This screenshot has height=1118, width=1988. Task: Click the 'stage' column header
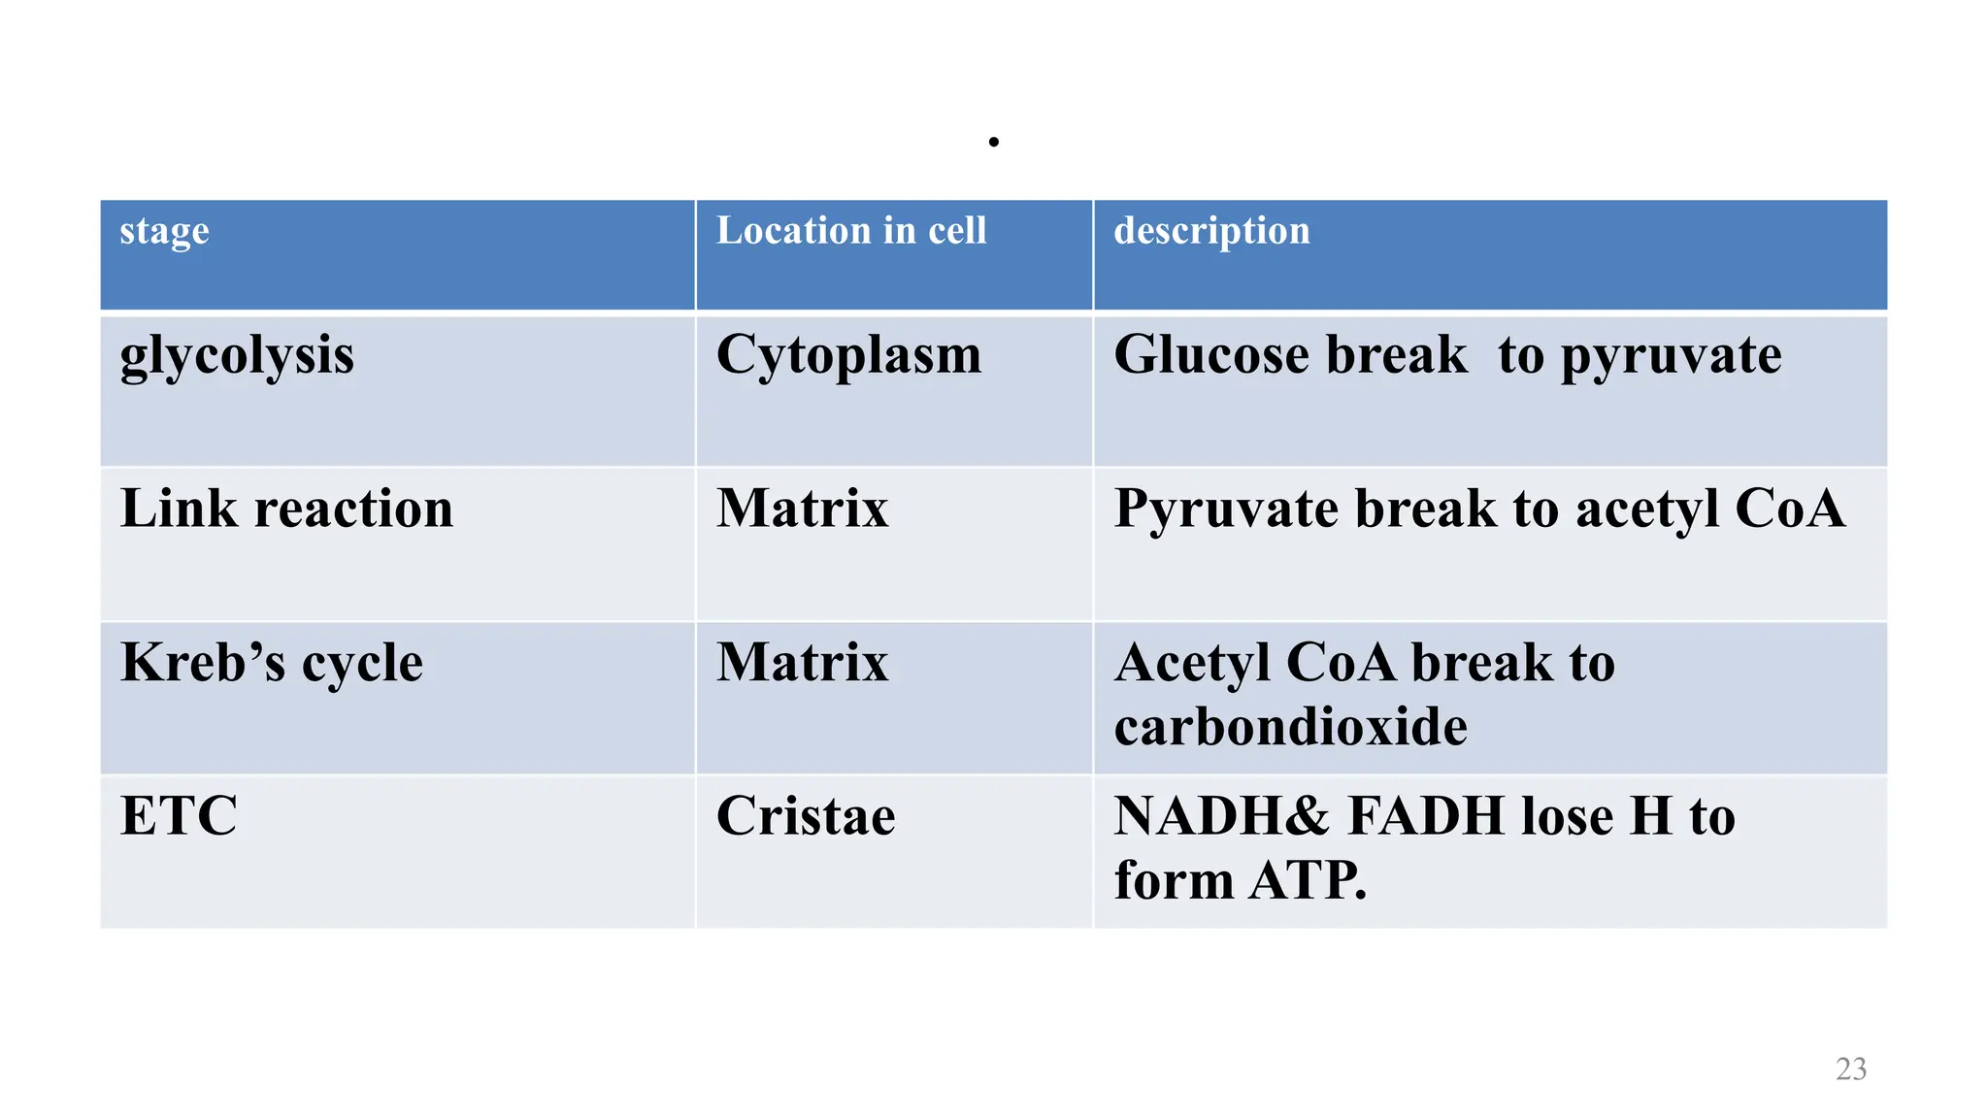pyautogui.click(x=164, y=232)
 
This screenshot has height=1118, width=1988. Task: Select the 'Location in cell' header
pyautogui.click(x=850, y=231)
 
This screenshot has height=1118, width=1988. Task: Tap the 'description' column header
pyautogui.click(x=1211, y=232)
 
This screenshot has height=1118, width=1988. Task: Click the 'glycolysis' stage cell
pyautogui.click(x=237, y=355)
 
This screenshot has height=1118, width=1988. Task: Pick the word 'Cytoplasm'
pyautogui.click(x=848, y=355)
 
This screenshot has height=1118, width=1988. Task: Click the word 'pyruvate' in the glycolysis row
pyautogui.click(x=1671, y=356)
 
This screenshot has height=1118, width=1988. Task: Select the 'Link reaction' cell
pyautogui.click(x=286, y=509)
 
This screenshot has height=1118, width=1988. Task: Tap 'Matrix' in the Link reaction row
pyautogui.click(x=802, y=509)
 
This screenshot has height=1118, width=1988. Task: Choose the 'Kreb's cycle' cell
pyautogui.click(x=272, y=663)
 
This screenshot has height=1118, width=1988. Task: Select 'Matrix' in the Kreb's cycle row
pyautogui.click(x=802, y=663)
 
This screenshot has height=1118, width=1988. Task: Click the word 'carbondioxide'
pyautogui.click(x=1290, y=727)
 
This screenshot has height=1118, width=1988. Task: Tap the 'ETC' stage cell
pyautogui.click(x=179, y=816)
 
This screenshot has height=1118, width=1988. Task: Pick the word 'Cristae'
pyautogui.click(x=806, y=816)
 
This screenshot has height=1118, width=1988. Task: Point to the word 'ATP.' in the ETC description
pyautogui.click(x=1308, y=881)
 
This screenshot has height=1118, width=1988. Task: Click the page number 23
pyautogui.click(x=1850, y=1069)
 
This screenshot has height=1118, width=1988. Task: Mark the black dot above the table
pyautogui.click(x=993, y=142)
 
